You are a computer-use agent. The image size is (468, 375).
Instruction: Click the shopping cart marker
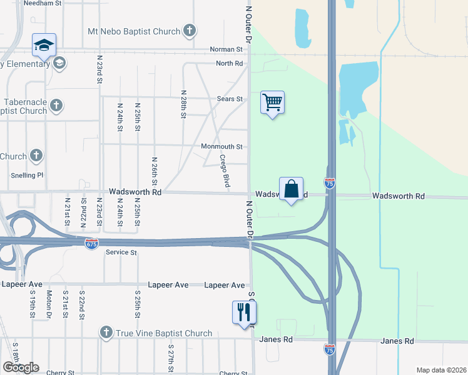click(x=272, y=102)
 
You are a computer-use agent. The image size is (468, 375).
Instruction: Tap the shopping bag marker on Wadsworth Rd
click(x=291, y=189)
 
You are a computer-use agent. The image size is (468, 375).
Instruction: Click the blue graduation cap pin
click(x=44, y=45)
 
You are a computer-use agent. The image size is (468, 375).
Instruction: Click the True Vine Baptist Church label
click(x=164, y=333)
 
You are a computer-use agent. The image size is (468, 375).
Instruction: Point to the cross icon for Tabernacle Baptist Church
click(x=56, y=105)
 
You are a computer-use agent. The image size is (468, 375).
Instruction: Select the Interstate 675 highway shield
click(x=91, y=243)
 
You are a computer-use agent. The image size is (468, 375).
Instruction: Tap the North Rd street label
click(x=229, y=64)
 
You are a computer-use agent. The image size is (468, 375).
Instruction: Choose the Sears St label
click(x=230, y=99)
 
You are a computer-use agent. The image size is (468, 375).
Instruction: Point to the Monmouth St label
click(x=221, y=147)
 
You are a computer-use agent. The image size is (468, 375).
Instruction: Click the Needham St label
click(x=43, y=3)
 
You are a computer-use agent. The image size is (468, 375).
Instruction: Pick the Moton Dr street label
click(x=49, y=304)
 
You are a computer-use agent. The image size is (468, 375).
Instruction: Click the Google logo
click(x=21, y=367)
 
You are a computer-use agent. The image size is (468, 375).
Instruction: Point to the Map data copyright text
click(x=441, y=370)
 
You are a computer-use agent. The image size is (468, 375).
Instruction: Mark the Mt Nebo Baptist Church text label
click(x=135, y=31)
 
